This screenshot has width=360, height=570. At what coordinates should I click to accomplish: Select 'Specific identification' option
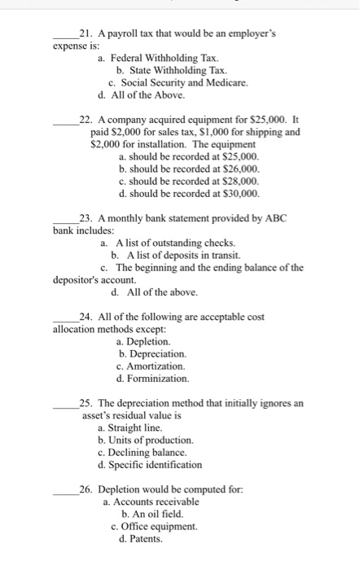pos(150,464)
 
